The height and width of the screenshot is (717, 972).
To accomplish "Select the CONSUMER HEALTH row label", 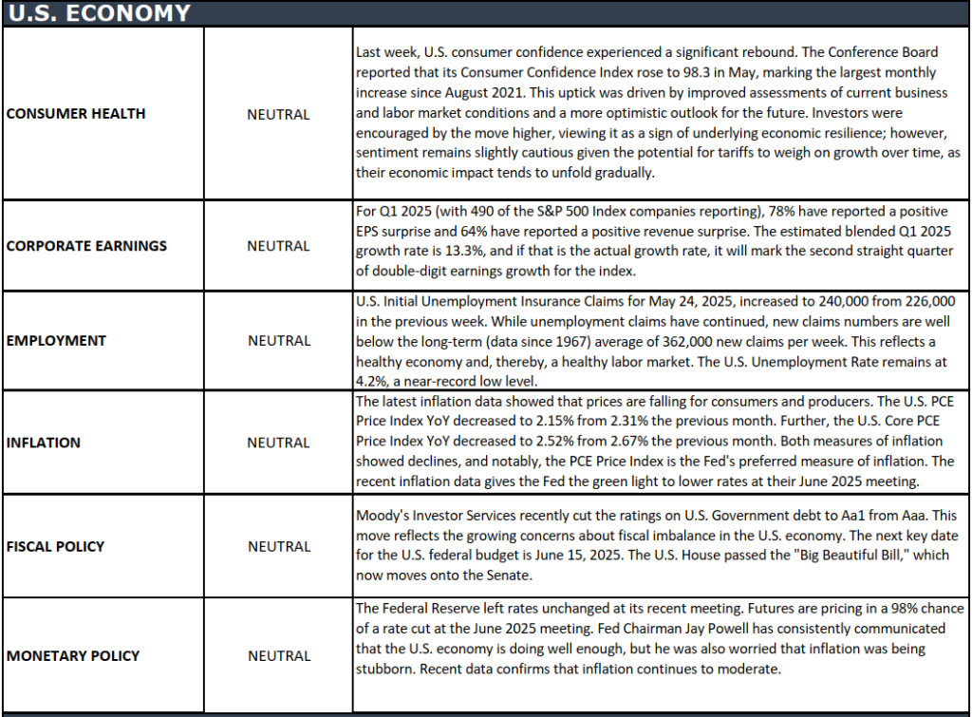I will tap(76, 114).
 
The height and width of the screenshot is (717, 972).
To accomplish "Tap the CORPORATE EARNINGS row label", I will tap(86, 246).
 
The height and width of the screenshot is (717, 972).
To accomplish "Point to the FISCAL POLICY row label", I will tap(55, 547).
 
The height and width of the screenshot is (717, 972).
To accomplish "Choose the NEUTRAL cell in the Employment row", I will tap(278, 341).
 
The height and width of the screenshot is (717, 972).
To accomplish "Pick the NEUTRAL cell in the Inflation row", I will tap(278, 443).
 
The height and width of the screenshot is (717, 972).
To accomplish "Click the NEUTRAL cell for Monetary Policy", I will tap(278, 656).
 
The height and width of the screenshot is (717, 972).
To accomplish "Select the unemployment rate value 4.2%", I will tap(370, 383).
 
